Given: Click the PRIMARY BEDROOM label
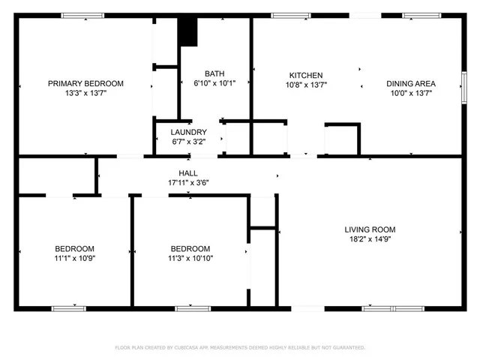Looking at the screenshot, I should tap(85, 83).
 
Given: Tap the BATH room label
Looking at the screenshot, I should tap(214, 73).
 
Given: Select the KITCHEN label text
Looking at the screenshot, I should tap(306, 75).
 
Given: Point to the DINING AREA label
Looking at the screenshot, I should tap(411, 83).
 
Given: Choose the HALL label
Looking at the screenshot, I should tap(187, 172).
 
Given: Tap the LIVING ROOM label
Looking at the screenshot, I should tap(370, 229).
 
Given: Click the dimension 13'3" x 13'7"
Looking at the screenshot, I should tap(85, 94).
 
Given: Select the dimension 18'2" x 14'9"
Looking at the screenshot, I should tap(370, 240).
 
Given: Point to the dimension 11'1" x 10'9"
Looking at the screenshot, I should tap(74, 258).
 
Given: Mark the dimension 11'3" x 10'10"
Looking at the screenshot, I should tap(190, 258).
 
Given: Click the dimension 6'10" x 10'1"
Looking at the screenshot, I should tap(214, 83).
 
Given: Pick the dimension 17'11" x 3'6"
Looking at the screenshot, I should tap(187, 182).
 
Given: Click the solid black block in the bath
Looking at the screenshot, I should tap(187, 31).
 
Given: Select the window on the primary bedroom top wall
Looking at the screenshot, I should tap(82, 15).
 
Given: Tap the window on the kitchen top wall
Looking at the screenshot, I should tap(292, 15).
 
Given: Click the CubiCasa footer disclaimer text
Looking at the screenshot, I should tap(240, 347).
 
